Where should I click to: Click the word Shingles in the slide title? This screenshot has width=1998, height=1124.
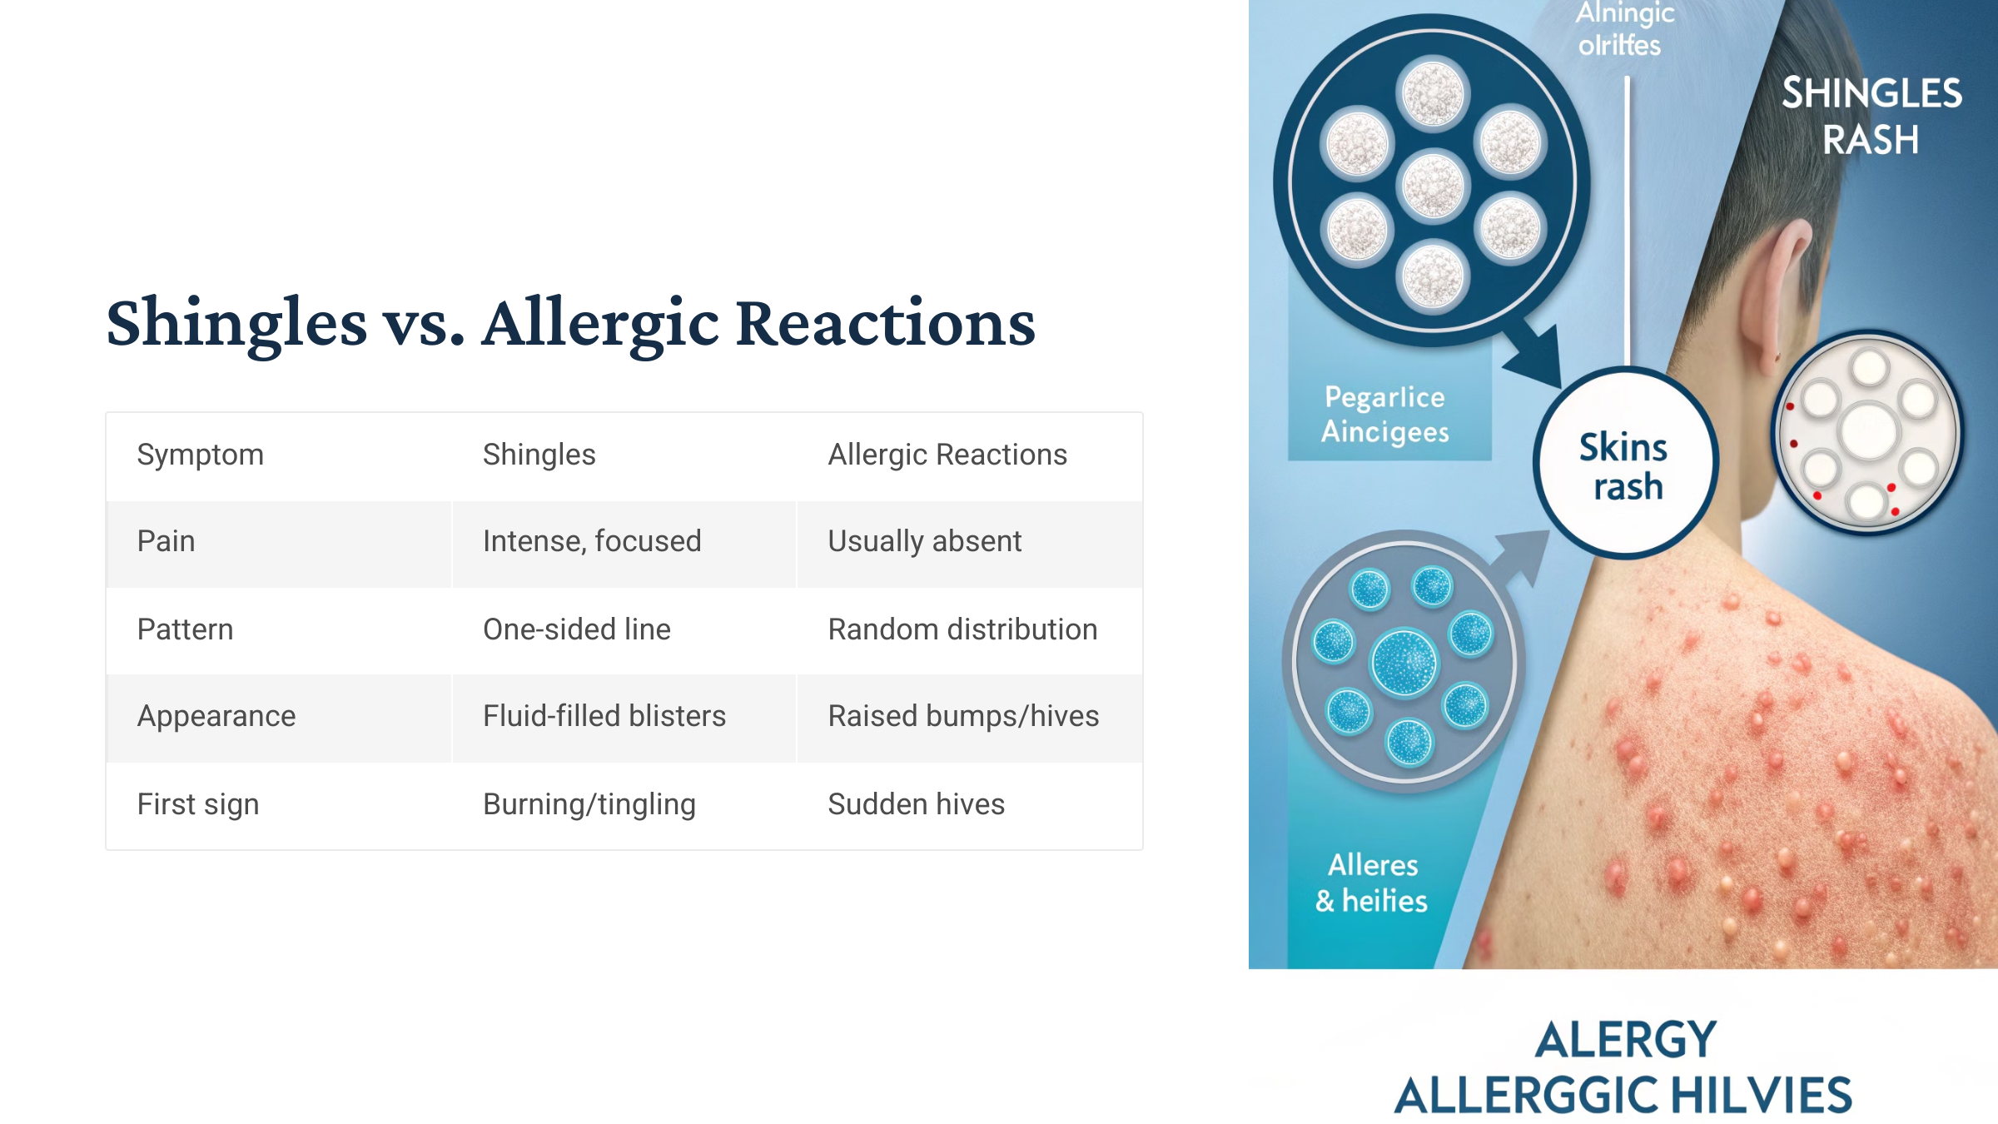click(237, 323)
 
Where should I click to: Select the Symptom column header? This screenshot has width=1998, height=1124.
click(200, 455)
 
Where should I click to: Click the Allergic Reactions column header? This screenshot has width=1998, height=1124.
click(947, 455)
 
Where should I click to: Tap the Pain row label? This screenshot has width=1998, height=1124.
click(166, 541)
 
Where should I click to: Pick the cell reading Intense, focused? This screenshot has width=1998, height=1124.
click(591, 541)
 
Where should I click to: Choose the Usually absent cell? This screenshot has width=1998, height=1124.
click(924, 541)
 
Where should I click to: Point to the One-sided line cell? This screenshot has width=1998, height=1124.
click(576, 629)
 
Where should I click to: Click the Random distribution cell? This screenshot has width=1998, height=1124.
click(962, 629)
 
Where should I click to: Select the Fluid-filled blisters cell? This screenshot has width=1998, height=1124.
click(604, 716)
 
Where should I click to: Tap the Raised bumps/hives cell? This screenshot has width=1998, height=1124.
click(963, 716)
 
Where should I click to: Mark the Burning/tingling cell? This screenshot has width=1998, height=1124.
click(589, 804)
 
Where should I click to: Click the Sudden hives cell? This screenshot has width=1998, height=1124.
click(916, 804)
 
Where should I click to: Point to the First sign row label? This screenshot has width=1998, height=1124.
click(198, 804)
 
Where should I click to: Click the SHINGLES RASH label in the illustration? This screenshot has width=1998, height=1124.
click(1871, 116)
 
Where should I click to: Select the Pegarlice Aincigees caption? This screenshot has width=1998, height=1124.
click(1385, 414)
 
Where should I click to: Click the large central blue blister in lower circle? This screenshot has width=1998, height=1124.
click(1404, 663)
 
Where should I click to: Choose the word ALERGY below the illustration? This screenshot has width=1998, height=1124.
click(1625, 1040)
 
